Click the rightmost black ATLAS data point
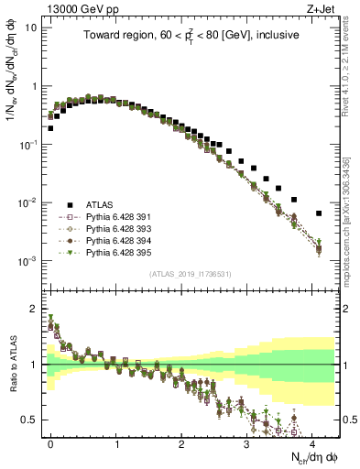coord(319,213)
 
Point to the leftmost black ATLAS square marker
coord(50,128)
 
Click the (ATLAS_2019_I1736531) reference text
coord(191,274)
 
